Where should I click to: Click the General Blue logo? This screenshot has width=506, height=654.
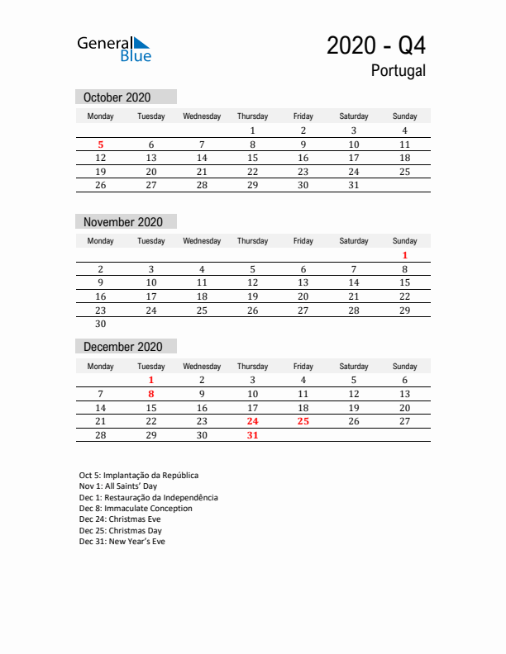pyautogui.click(x=114, y=49)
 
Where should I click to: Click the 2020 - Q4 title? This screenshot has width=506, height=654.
pyautogui.click(x=376, y=45)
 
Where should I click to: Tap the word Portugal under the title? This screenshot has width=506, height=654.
pyautogui.click(x=399, y=71)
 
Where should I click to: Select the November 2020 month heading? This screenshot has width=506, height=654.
pyautogui.click(x=123, y=222)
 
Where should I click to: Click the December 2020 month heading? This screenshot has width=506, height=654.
pyautogui.click(x=123, y=347)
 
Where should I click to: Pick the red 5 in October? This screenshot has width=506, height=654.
pyautogui.click(x=101, y=145)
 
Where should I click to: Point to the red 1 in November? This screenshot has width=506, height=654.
pyautogui.click(x=404, y=255)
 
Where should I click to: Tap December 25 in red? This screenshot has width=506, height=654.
pyautogui.click(x=303, y=421)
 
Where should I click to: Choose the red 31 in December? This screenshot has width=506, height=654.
pyautogui.click(x=252, y=435)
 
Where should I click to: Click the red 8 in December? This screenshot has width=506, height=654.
pyautogui.click(x=151, y=394)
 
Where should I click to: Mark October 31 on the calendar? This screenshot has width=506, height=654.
pyautogui.click(x=353, y=185)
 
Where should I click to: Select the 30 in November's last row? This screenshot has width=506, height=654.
pyautogui.click(x=101, y=324)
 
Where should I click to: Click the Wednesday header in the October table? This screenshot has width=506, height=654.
pyautogui.click(x=202, y=116)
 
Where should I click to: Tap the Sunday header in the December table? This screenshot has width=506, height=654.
pyautogui.click(x=404, y=366)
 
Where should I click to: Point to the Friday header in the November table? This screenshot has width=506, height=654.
pyautogui.click(x=303, y=241)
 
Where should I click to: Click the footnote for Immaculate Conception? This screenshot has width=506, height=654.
pyautogui.click(x=136, y=509)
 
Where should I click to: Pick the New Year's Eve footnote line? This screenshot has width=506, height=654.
pyautogui.click(x=122, y=542)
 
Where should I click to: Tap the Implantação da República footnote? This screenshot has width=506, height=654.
pyautogui.click(x=139, y=476)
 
